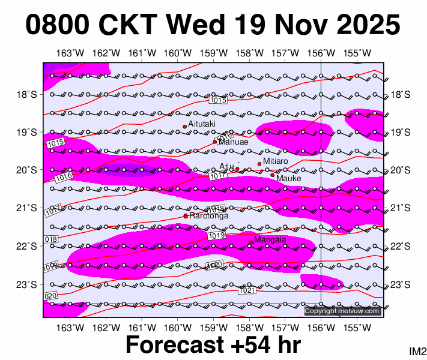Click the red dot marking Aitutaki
pos(185,127)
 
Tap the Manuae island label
pos(233,142)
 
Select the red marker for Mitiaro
pos(259,164)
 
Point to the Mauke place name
pos(288,178)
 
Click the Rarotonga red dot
pos(186,216)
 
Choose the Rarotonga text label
pos(208,215)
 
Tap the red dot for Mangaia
pos(251,242)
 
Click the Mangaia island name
pos(270,240)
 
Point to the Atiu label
pos(226,167)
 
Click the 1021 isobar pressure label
pos(247,291)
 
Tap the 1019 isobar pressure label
pos(217,236)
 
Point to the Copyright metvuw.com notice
pos(342,311)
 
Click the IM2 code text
pos(417,351)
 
